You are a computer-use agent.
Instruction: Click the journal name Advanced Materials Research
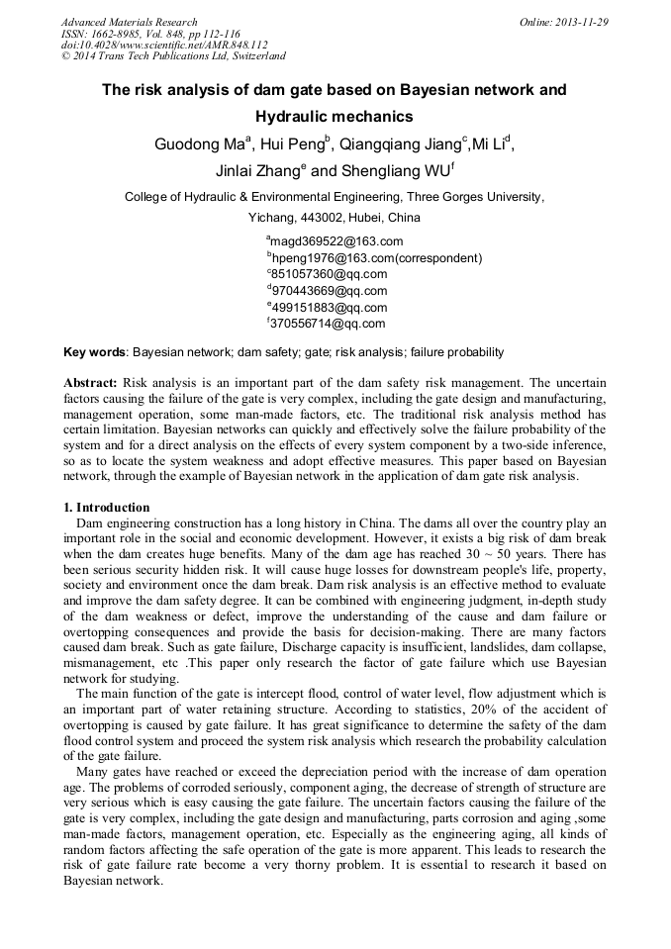pyautogui.click(x=129, y=22)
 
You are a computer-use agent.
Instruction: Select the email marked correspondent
pyautogui.click(x=376, y=258)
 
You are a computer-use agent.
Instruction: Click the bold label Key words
pyautogui.click(x=94, y=352)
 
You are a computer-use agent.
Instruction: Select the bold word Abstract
pyautogui.click(x=90, y=382)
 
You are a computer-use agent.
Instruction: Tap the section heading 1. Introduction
pyautogui.click(x=106, y=508)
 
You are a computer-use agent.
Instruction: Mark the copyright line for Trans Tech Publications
pyautogui.click(x=173, y=56)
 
